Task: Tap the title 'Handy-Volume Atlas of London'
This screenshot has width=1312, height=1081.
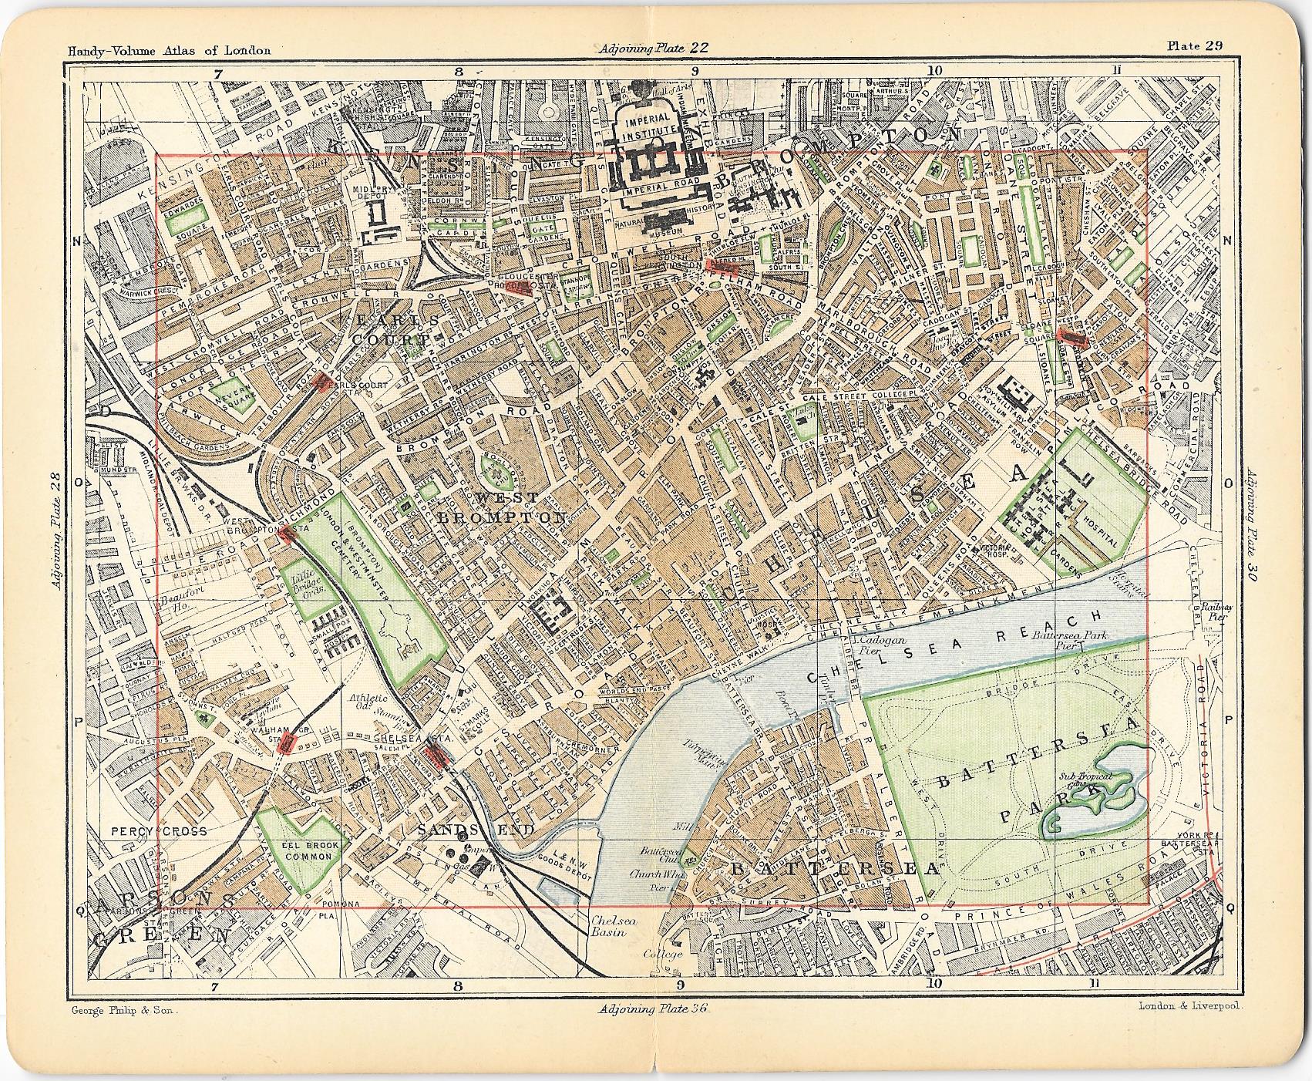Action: point(169,51)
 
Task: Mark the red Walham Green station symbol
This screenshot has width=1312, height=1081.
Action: point(288,743)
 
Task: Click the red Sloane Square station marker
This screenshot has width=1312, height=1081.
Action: point(1071,337)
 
